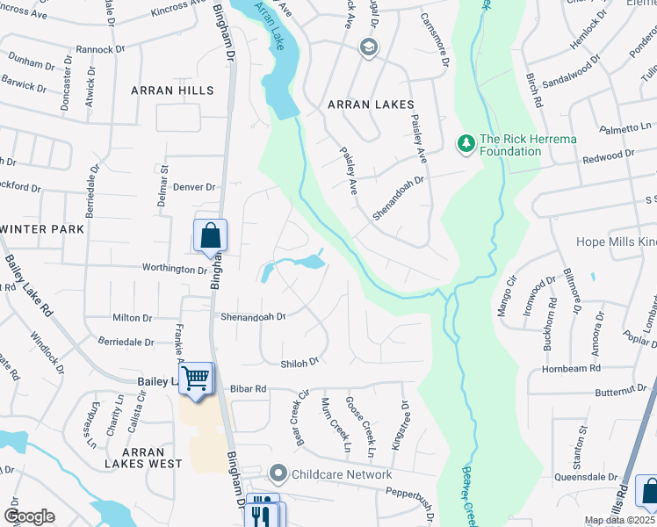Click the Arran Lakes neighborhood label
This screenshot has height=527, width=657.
coord(370,105)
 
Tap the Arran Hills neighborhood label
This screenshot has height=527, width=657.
coord(172,90)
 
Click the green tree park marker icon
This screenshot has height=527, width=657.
coord(466,141)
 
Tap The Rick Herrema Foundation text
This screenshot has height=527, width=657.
coord(510,145)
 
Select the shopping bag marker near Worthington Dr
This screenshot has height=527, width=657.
coord(211,235)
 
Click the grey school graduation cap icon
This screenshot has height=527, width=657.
coord(369,47)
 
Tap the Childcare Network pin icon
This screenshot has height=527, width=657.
coord(278,474)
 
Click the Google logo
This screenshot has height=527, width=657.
coord(29,516)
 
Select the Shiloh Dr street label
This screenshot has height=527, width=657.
coord(299,362)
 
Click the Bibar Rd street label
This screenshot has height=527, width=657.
coord(248,388)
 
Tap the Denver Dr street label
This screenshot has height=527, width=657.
coord(194,187)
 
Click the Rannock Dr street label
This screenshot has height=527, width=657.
coord(103,49)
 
